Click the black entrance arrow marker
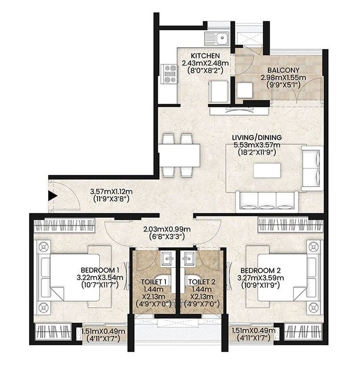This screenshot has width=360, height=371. tap(52, 196)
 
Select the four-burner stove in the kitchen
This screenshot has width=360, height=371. tap(169, 74)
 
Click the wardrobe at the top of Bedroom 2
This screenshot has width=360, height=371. tap(290, 225)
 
